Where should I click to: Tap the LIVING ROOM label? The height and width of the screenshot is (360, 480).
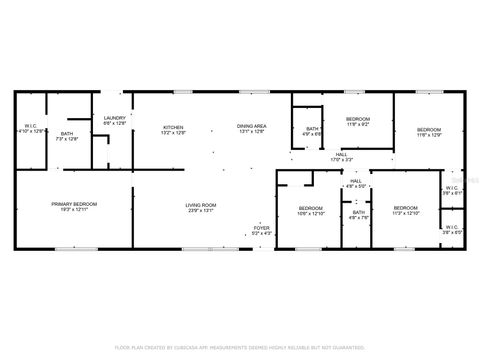tap(201, 207)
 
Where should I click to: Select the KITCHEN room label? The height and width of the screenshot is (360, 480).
tap(174, 128)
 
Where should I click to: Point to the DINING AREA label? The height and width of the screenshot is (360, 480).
tap(251, 128)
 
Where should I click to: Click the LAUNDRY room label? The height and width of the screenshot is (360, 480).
tap(114, 120)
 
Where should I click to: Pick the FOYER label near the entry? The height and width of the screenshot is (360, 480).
tap(261, 230)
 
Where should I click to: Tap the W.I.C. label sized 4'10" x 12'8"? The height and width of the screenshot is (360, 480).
tap(30, 128)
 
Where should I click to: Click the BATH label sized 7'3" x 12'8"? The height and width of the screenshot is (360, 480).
tap(66, 136)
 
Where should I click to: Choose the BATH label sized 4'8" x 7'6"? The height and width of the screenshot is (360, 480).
tap(357, 214)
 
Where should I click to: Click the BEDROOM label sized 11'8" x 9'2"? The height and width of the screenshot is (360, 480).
tap(358, 122)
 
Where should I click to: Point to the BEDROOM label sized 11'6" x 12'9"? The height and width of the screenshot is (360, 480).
tap(428, 132)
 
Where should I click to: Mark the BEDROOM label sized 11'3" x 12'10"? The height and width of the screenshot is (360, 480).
tap(406, 210)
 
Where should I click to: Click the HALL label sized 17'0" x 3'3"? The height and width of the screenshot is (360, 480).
tap(341, 156)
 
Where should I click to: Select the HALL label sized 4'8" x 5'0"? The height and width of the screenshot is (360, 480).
tap(357, 184)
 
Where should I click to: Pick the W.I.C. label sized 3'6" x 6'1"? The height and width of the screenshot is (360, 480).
tap(452, 190)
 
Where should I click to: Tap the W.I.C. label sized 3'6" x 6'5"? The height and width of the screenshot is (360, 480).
tap(452, 229)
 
